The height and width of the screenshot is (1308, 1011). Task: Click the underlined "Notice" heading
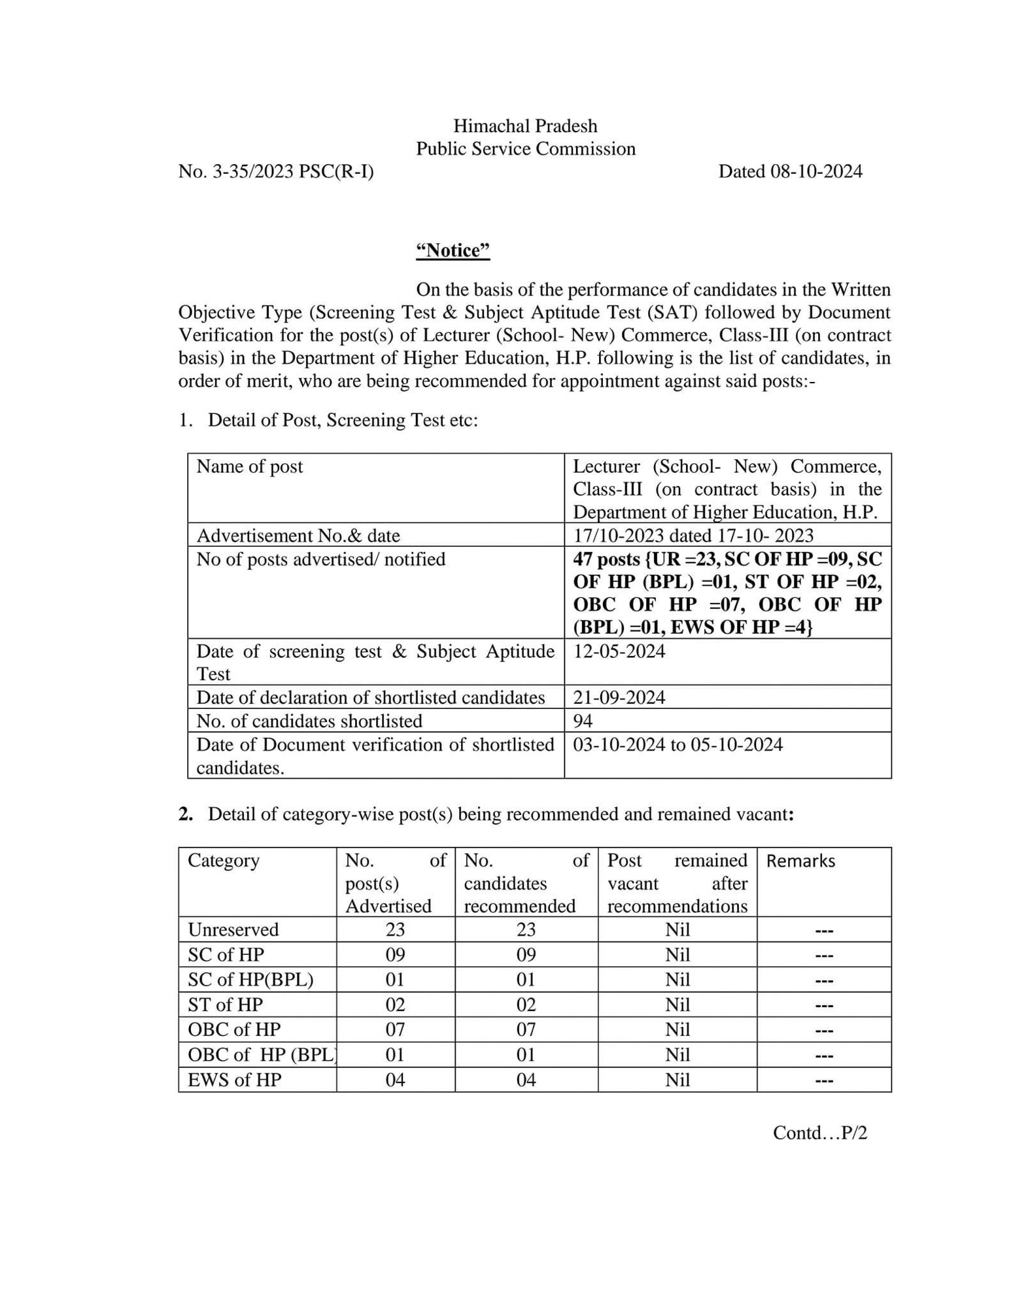pos(453,250)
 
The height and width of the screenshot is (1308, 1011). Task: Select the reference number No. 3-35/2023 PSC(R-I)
pos(276,171)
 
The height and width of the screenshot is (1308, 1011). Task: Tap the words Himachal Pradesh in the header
pos(525,126)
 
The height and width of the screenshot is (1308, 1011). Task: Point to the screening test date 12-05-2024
pos(619,651)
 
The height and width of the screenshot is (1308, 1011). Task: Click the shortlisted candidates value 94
pos(583,721)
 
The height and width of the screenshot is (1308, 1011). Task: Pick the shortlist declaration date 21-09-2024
pos(619,697)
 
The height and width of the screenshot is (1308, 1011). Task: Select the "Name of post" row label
pos(250,466)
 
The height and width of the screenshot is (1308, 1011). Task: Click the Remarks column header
pos(800,861)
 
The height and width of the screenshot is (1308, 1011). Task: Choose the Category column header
pos(224,861)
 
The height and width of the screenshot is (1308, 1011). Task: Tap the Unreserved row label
pos(233,929)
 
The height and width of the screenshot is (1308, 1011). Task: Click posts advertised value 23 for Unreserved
pos(395,929)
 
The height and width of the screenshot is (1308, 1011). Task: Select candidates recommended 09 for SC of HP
pos(526,955)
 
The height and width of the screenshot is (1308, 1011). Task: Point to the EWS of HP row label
pos(234,1080)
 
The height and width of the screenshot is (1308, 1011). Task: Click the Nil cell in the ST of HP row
pos(677,1005)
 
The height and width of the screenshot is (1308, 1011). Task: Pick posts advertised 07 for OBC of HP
pos(395,1029)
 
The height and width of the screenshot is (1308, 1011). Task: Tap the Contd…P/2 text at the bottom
pos(819,1133)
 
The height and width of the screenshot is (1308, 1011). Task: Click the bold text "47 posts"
pos(606,559)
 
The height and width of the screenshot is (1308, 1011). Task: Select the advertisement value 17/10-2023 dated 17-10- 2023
pos(693,536)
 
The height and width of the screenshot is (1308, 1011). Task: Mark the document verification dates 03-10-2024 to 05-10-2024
pos(677,745)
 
